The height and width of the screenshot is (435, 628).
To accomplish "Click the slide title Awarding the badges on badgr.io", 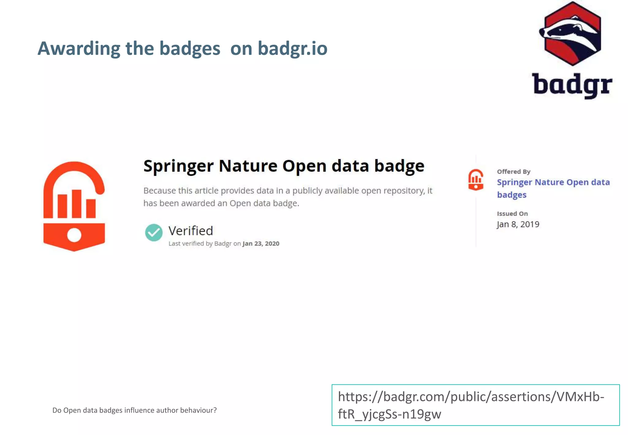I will [x=182, y=48].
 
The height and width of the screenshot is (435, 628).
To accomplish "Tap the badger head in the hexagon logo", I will [x=570, y=34].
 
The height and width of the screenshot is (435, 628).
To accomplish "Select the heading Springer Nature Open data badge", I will [x=284, y=166].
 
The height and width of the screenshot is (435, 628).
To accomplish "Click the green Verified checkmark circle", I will [x=154, y=233].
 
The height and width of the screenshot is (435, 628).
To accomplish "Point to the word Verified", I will [x=190, y=231].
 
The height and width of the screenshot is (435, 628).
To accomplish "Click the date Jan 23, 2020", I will [x=261, y=244].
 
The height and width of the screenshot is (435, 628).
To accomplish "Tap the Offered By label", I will [x=514, y=171].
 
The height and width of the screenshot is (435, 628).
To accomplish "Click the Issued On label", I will [x=512, y=214].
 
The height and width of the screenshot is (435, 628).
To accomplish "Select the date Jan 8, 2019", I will [x=518, y=224].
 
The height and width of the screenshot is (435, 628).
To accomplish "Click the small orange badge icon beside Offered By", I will [x=476, y=180].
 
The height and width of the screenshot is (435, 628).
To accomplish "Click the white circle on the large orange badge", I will [x=74, y=235].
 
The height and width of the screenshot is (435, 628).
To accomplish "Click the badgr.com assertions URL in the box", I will [x=471, y=405].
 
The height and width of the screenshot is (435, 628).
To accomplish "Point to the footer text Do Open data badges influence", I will [x=134, y=410].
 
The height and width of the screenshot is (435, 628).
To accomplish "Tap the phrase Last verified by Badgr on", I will [x=205, y=244].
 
